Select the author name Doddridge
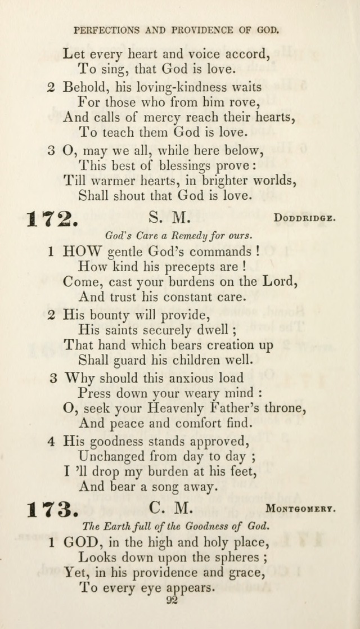[305, 218]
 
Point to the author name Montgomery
[301, 509]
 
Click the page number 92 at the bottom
[173, 601]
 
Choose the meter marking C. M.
[171, 508]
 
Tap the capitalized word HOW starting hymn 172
[82, 251]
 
